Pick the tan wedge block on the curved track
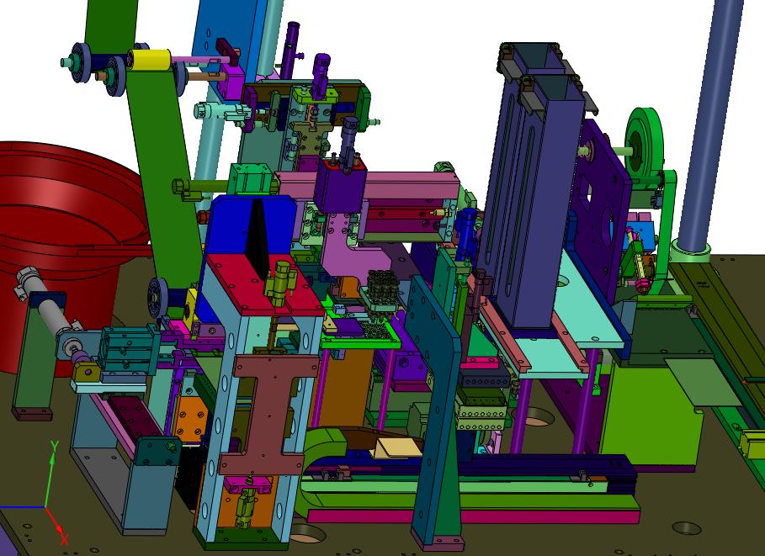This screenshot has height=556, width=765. (397, 447)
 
